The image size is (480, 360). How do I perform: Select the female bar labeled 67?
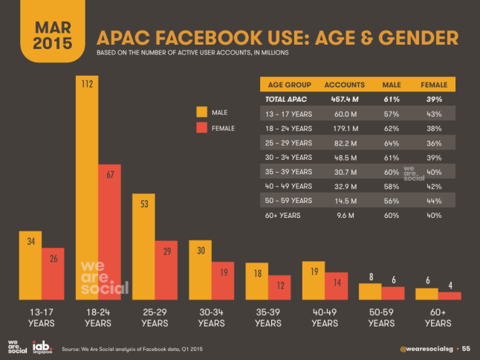[x=111, y=231]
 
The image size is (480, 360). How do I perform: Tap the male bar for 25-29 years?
[x=144, y=246]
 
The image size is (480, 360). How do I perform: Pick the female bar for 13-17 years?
[x=53, y=273]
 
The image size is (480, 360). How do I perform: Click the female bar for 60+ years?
[x=450, y=295]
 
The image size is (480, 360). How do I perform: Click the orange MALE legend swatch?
[x=201, y=112]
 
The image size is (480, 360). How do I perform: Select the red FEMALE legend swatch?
[x=201, y=128]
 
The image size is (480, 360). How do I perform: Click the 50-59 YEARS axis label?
[x=381, y=318]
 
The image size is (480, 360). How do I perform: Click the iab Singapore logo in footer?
[x=41, y=347]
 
